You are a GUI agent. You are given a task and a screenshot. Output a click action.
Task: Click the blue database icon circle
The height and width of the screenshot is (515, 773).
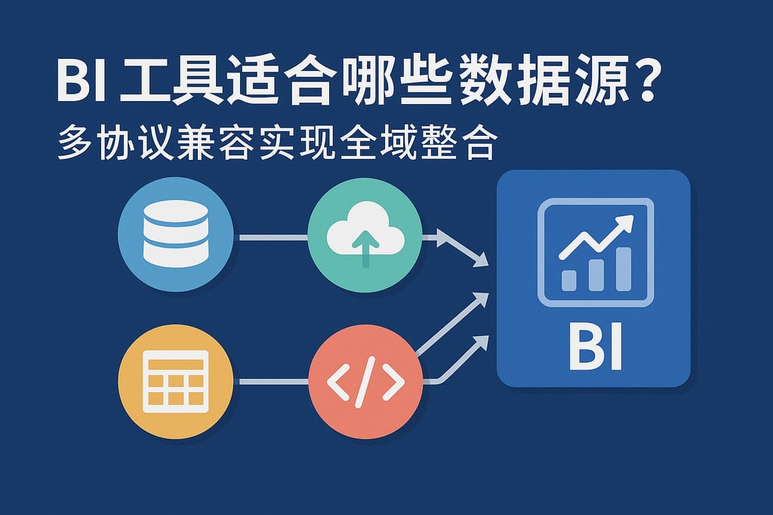pos(175,234)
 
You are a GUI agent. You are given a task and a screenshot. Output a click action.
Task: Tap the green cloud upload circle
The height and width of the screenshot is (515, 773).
pos(365,235)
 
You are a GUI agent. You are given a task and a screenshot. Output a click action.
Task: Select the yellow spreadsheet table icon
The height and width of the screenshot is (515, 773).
pos(175,381)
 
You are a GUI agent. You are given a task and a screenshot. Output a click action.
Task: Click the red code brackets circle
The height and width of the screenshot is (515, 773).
pos(365,382)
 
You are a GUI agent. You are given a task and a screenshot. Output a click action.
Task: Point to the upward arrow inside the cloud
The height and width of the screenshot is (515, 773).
pos(365,247)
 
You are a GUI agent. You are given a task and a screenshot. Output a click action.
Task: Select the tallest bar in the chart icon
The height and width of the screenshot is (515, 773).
pos(623,267)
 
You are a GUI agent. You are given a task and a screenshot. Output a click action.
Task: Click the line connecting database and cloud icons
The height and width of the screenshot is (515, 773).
pos(273,238)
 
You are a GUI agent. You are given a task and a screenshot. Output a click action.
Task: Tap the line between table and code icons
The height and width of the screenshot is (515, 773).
pos(273,382)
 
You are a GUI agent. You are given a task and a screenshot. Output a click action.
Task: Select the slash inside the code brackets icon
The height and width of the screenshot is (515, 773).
pos(365,382)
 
